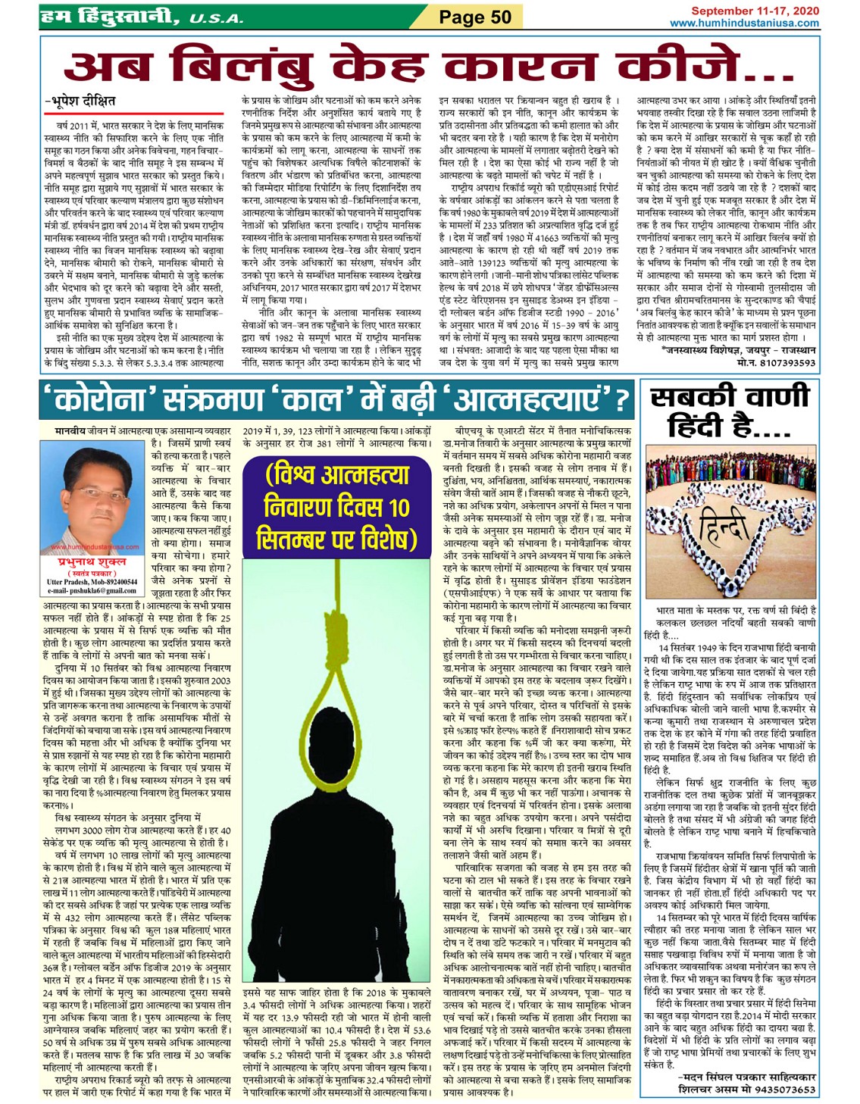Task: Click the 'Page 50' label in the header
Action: tap(476, 17)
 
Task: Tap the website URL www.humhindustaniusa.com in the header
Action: tap(744, 23)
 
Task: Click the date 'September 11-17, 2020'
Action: tap(754, 11)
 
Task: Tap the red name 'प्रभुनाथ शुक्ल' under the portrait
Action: tap(92, 562)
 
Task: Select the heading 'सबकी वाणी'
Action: tap(729, 398)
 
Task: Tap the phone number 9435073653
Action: tap(786, 1090)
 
